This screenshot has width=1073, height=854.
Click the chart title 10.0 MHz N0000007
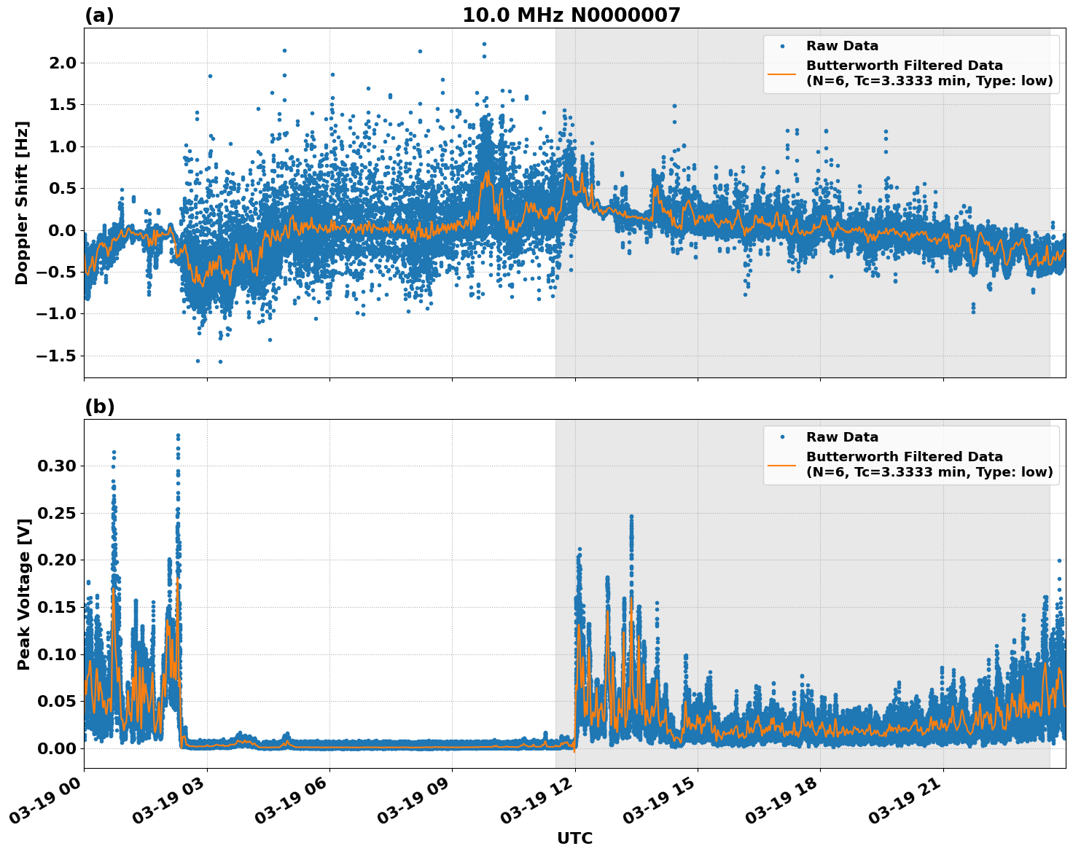[x=571, y=15]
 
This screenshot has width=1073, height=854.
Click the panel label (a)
[x=99, y=15]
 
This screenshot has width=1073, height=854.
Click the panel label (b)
[x=99, y=407]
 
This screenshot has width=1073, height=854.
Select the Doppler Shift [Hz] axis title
[x=22, y=203]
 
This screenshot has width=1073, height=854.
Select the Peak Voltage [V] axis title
[x=24, y=594]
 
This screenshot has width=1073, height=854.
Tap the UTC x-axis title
[x=574, y=838]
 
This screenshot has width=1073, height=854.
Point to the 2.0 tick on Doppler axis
[x=61, y=63]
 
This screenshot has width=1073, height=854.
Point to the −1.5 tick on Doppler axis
[x=57, y=356]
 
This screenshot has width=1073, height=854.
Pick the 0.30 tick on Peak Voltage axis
[x=57, y=466]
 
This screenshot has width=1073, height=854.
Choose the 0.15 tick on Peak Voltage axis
[x=57, y=607]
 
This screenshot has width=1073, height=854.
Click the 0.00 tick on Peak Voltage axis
[x=57, y=748]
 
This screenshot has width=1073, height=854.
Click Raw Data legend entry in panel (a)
[x=842, y=46]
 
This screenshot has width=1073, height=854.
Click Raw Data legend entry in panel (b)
[x=842, y=437]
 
